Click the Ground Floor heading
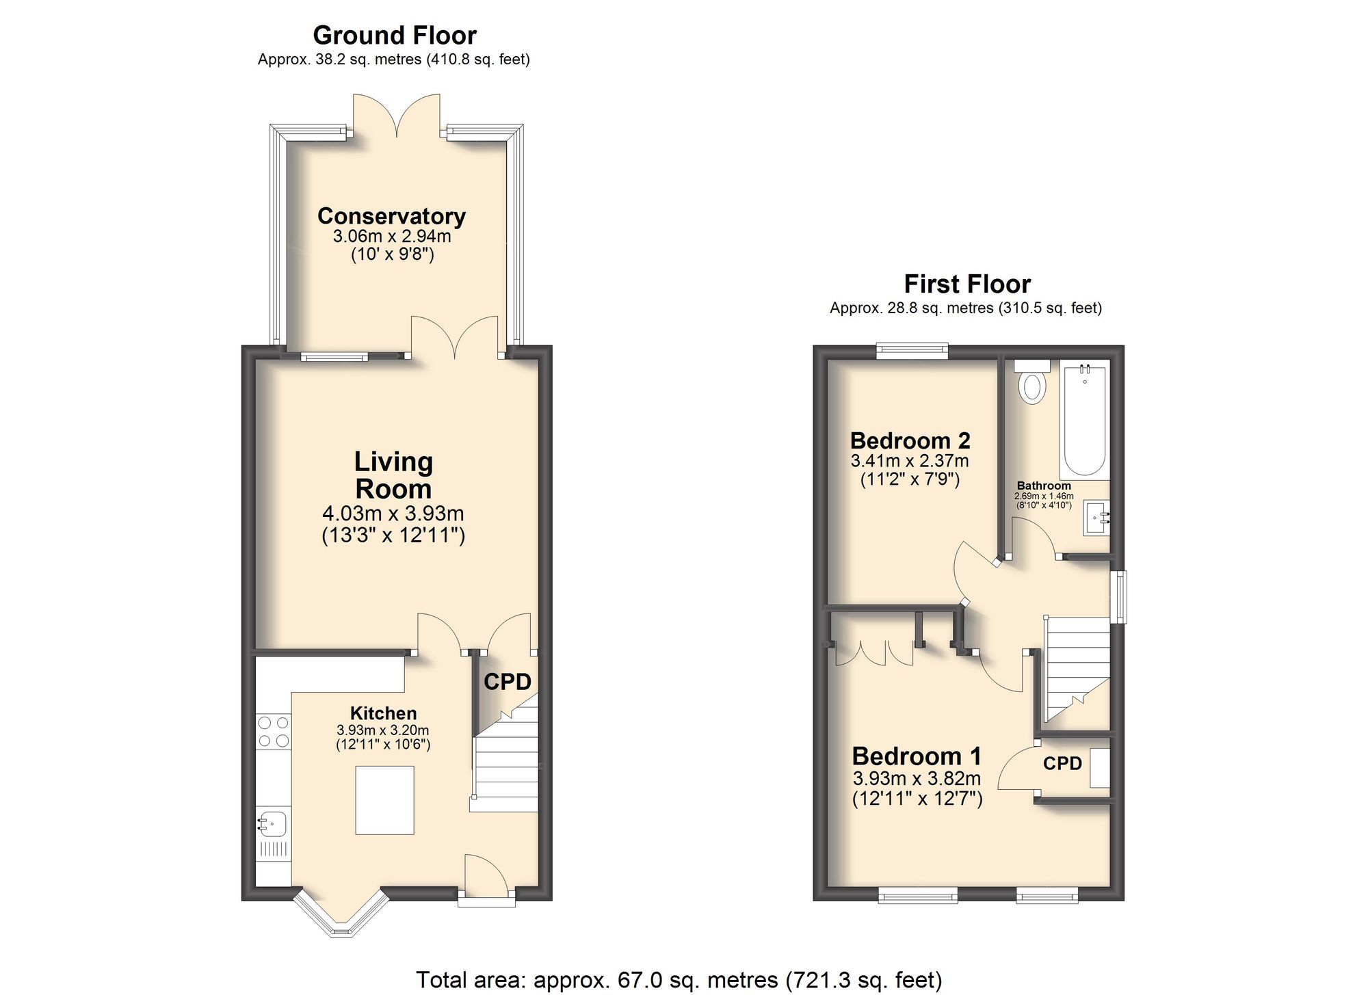[395, 35]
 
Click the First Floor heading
[966, 283]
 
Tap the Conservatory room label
[391, 216]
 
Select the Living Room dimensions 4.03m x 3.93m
[393, 514]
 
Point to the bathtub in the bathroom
[1084, 421]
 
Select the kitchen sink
[273, 823]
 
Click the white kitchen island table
[384, 800]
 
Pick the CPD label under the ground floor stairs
[508, 682]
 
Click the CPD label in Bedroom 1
[1062, 763]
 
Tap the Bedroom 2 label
[910, 440]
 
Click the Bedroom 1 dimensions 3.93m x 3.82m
[917, 778]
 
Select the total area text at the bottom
[679, 979]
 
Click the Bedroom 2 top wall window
[912, 351]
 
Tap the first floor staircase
[1075, 667]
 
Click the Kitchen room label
[383, 713]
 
